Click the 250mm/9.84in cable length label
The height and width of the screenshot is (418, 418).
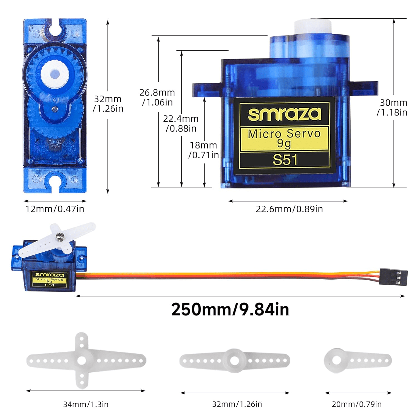click(230, 309)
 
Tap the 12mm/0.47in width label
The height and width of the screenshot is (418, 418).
click(55, 209)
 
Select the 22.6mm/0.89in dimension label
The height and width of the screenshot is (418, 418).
click(289, 209)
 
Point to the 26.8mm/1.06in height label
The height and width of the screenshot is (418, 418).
click(157, 97)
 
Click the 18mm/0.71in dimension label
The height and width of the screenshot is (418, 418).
click(203, 150)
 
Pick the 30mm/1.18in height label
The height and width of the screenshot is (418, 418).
click(392, 107)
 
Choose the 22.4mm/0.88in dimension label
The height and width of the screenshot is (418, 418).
click(181, 123)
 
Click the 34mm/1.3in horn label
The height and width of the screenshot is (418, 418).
click(86, 404)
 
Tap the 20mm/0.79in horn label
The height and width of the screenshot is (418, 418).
click(357, 404)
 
